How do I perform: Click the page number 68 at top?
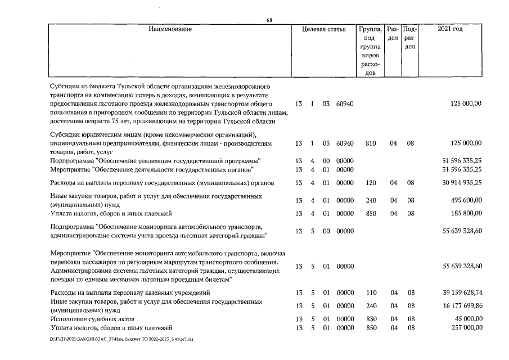tap(269, 20)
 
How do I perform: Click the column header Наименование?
tap(170, 29)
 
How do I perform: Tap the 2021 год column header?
tap(450, 29)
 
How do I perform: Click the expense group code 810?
tap(370, 143)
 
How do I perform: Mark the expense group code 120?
tap(370, 183)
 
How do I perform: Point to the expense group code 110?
tap(370, 292)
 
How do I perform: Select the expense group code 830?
tap(370, 319)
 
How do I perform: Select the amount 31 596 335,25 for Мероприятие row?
tap(462, 169)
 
